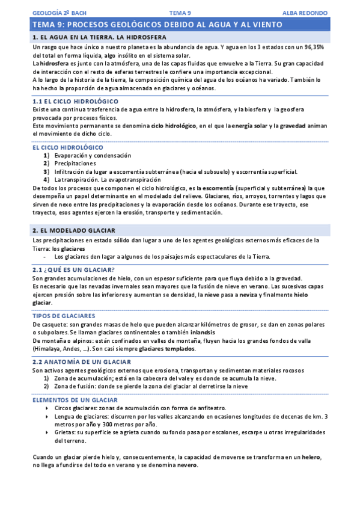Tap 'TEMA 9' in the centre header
(180, 12)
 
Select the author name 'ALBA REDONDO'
(305, 12)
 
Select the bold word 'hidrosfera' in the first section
(52, 63)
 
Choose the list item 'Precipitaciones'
(75, 163)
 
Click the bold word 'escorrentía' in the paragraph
(215, 188)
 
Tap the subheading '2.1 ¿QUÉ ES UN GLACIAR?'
(75, 269)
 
